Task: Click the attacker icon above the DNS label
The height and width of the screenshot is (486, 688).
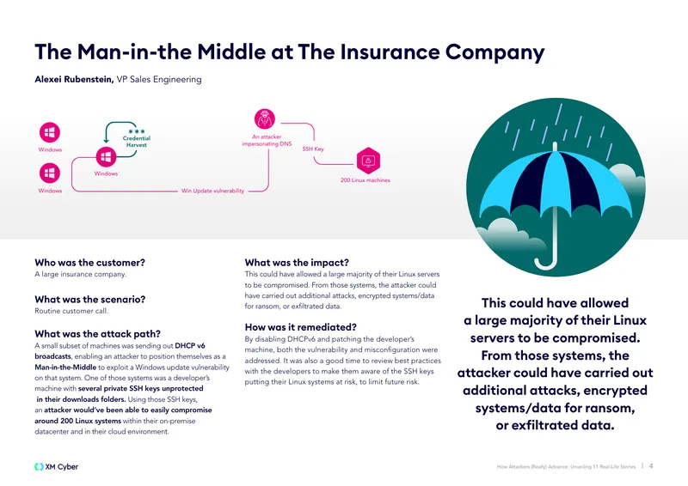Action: pos(265,118)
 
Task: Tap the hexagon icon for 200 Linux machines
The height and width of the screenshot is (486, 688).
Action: pos(368,161)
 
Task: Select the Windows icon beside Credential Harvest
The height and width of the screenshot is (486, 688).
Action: pos(106,156)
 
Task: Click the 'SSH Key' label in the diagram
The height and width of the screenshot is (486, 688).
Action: pos(313,149)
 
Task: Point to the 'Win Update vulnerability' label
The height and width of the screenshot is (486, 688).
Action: pos(212,191)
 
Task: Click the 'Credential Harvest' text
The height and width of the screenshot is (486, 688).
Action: pos(137,142)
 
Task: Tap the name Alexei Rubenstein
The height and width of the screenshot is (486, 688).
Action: pos(74,79)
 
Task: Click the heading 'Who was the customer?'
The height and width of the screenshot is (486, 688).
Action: pos(89,263)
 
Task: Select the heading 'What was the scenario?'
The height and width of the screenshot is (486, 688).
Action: pos(90,300)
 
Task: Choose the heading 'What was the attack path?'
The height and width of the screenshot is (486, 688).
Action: pos(97,334)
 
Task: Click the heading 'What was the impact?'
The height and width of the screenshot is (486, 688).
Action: pos(297,263)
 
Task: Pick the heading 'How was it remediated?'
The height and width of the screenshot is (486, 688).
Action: pos(300,327)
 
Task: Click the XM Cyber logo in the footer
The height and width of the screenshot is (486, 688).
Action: pos(56,467)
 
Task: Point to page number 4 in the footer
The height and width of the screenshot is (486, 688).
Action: pos(651,466)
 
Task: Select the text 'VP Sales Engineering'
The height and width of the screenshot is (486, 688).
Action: pos(159,79)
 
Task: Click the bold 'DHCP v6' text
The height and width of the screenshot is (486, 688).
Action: pos(190,346)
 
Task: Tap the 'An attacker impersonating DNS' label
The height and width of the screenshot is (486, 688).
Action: pos(267,140)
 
